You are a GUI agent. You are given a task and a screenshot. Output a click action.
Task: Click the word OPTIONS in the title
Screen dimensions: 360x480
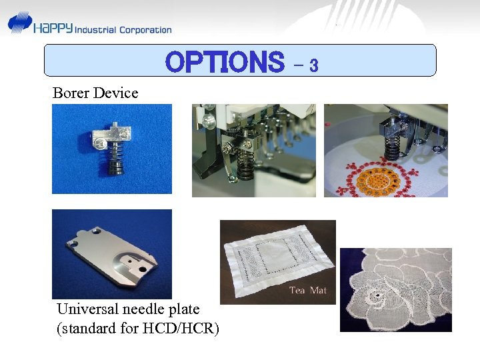coord(224,63)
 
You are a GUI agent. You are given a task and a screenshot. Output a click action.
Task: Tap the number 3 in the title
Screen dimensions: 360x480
coord(313,65)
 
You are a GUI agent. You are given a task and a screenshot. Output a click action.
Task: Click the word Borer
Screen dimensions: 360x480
coord(71,93)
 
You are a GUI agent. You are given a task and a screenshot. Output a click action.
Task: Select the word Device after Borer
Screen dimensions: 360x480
coord(115,93)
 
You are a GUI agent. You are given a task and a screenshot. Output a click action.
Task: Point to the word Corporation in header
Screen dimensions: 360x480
coord(145,29)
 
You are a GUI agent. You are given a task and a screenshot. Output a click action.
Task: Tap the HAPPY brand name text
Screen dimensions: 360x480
coord(54,28)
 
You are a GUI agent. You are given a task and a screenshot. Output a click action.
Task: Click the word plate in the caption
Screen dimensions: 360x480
coord(185,309)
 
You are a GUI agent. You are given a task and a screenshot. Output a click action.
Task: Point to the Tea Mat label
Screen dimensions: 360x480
coord(308,291)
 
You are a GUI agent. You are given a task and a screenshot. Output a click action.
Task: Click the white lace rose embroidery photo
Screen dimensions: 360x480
coord(395,290)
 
